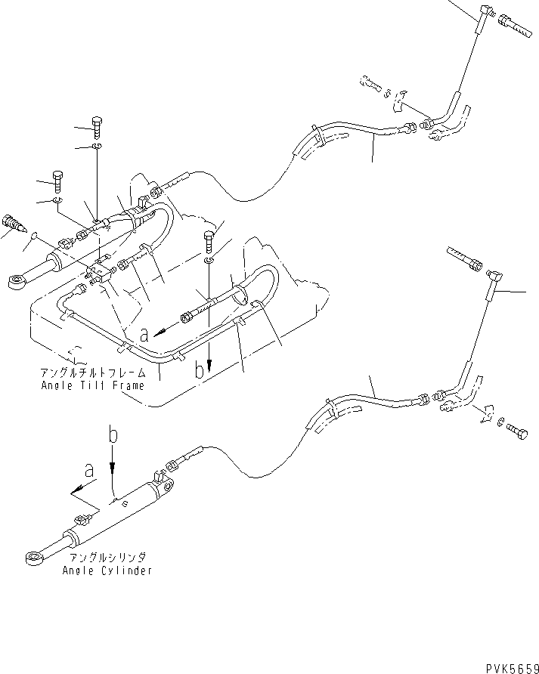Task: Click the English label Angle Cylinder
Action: [107, 570]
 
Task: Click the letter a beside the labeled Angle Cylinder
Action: [90, 470]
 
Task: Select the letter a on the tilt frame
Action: [144, 331]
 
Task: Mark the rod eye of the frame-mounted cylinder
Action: [16, 283]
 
